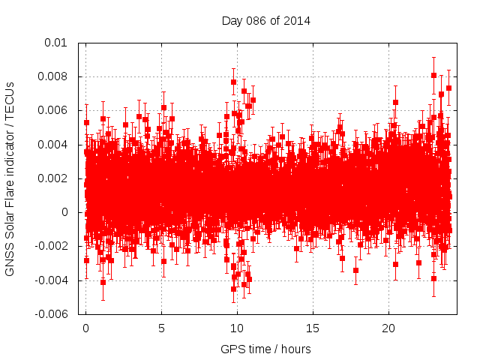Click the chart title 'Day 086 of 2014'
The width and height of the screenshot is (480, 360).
pos(266,20)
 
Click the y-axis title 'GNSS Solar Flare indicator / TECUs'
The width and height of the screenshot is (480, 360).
pos(10,178)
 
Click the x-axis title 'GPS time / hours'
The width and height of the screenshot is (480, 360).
pos(265,349)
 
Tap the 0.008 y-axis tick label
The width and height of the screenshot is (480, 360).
pos(55,76)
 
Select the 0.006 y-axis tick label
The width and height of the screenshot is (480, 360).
pos(55,110)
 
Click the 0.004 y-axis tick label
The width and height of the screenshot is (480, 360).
pos(55,145)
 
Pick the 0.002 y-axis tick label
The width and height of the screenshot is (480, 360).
pos(55,178)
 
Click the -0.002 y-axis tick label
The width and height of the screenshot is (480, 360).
pos(53,246)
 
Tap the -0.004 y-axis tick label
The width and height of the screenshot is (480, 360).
pos(53,280)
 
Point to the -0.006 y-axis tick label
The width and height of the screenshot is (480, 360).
pos(53,314)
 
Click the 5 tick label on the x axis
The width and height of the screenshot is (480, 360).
pos(161,328)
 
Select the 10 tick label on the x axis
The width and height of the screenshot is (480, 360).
pos(237,328)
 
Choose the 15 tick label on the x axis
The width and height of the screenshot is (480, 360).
pos(313,328)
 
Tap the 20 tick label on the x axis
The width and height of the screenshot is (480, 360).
pos(388,328)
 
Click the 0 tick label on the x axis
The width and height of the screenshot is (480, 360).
pos(85,328)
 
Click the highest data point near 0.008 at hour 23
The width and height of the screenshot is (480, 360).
pos(433,75)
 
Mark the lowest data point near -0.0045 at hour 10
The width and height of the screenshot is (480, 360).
pos(234,289)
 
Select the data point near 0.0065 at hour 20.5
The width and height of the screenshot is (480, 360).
pos(395,102)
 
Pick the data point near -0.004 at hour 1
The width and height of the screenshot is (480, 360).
pos(103,282)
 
